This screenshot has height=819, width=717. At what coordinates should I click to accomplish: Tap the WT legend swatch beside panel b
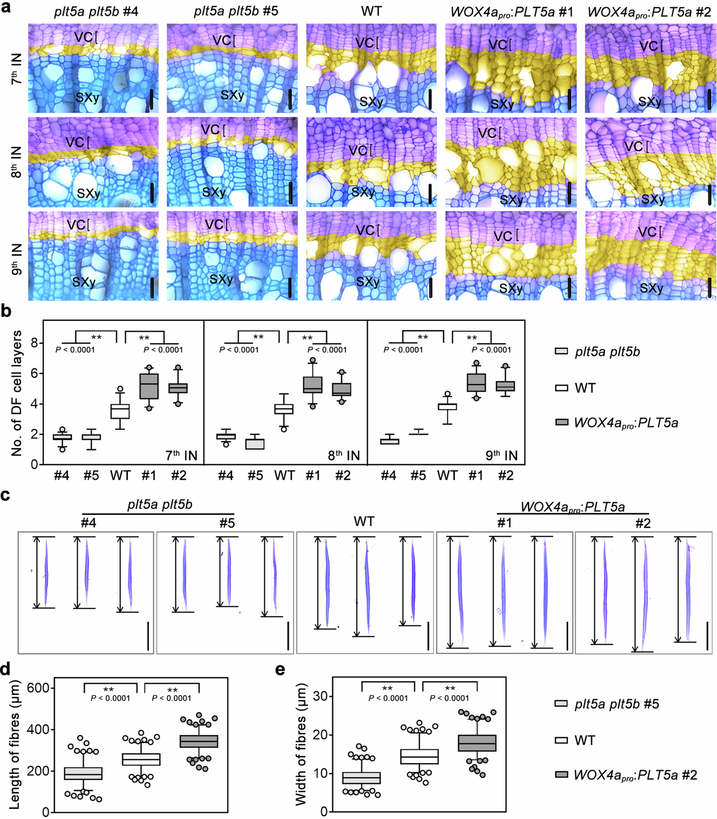click(x=561, y=388)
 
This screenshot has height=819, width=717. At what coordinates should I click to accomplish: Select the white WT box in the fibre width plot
click(x=420, y=757)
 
